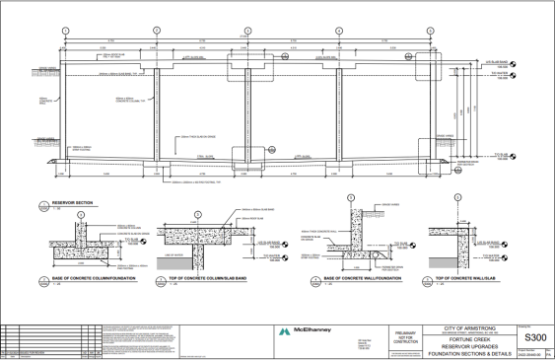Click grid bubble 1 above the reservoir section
point(65,32)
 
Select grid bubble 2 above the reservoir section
point(157,32)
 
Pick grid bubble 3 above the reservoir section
point(248,32)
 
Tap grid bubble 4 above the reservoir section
point(339,32)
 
